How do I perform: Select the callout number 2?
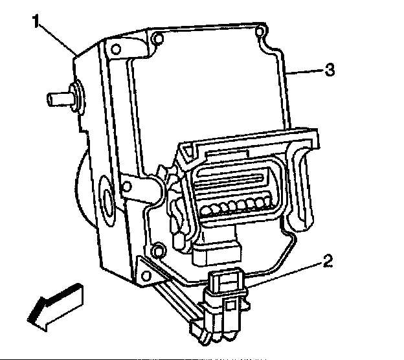pyautogui.click(x=328, y=262)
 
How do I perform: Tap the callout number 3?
pyautogui.click(x=330, y=71)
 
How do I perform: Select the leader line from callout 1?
pyautogui.click(x=61, y=39)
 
